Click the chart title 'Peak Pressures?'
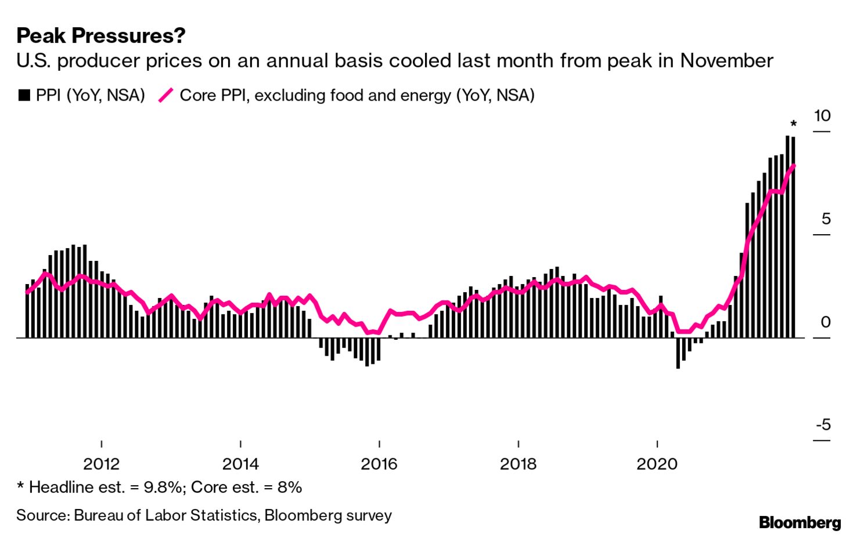[x=101, y=36]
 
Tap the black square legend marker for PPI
[x=24, y=95]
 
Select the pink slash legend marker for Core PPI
[x=166, y=95]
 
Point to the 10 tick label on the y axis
[x=822, y=116]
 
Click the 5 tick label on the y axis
[x=826, y=220]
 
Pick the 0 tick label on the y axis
[x=826, y=322]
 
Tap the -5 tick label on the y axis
[x=823, y=425]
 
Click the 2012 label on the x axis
[x=102, y=464]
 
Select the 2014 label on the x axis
[x=240, y=464]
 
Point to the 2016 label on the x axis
[x=379, y=464]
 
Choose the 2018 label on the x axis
[x=518, y=464]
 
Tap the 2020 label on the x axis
[x=657, y=464]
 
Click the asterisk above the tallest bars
[x=793, y=124]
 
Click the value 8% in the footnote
[x=290, y=487]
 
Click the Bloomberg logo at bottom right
[x=800, y=522]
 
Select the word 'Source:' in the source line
[x=43, y=516]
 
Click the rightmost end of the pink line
[x=794, y=166]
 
